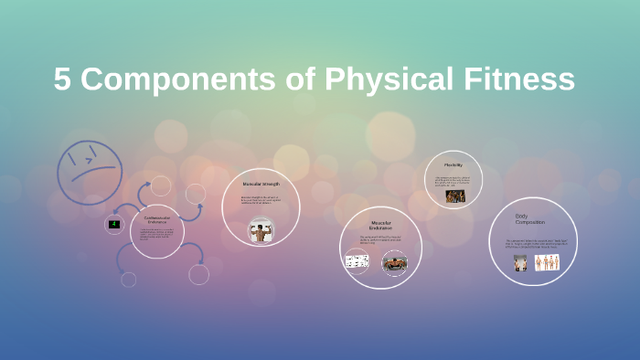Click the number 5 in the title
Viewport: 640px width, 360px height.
click(x=62, y=79)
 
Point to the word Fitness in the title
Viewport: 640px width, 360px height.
click(x=518, y=79)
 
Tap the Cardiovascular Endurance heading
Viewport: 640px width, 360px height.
click(x=157, y=219)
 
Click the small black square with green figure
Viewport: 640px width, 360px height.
click(x=114, y=224)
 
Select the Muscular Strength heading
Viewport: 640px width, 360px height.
click(x=261, y=184)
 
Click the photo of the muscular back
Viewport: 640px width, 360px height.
click(x=261, y=229)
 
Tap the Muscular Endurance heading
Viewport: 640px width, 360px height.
click(x=380, y=224)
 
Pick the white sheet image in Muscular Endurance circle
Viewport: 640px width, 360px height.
click(x=357, y=262)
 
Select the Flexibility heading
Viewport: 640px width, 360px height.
click(x=453, y=165)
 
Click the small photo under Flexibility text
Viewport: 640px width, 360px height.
click(x=454, y=196)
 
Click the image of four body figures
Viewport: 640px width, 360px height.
click(x=547, y=262)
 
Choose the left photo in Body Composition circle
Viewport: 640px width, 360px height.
click(x=520, y=263)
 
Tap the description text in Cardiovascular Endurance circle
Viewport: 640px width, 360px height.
click(x=156, y=236)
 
